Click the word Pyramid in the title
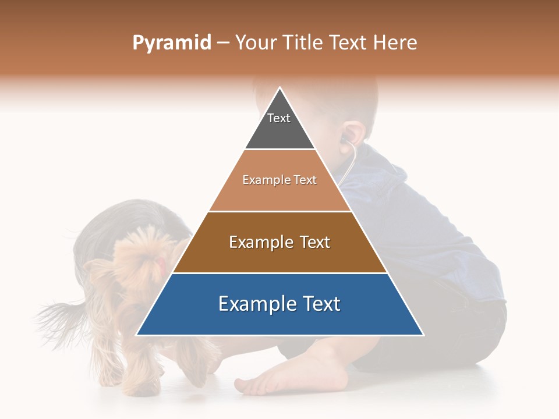click(171, 43)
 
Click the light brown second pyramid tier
click(279, 192)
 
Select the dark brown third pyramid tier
click(279, 256)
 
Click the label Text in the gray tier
click(279, 118)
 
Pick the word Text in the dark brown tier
click(311, 242)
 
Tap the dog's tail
click(58, 314)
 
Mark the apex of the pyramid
click(280, 88)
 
